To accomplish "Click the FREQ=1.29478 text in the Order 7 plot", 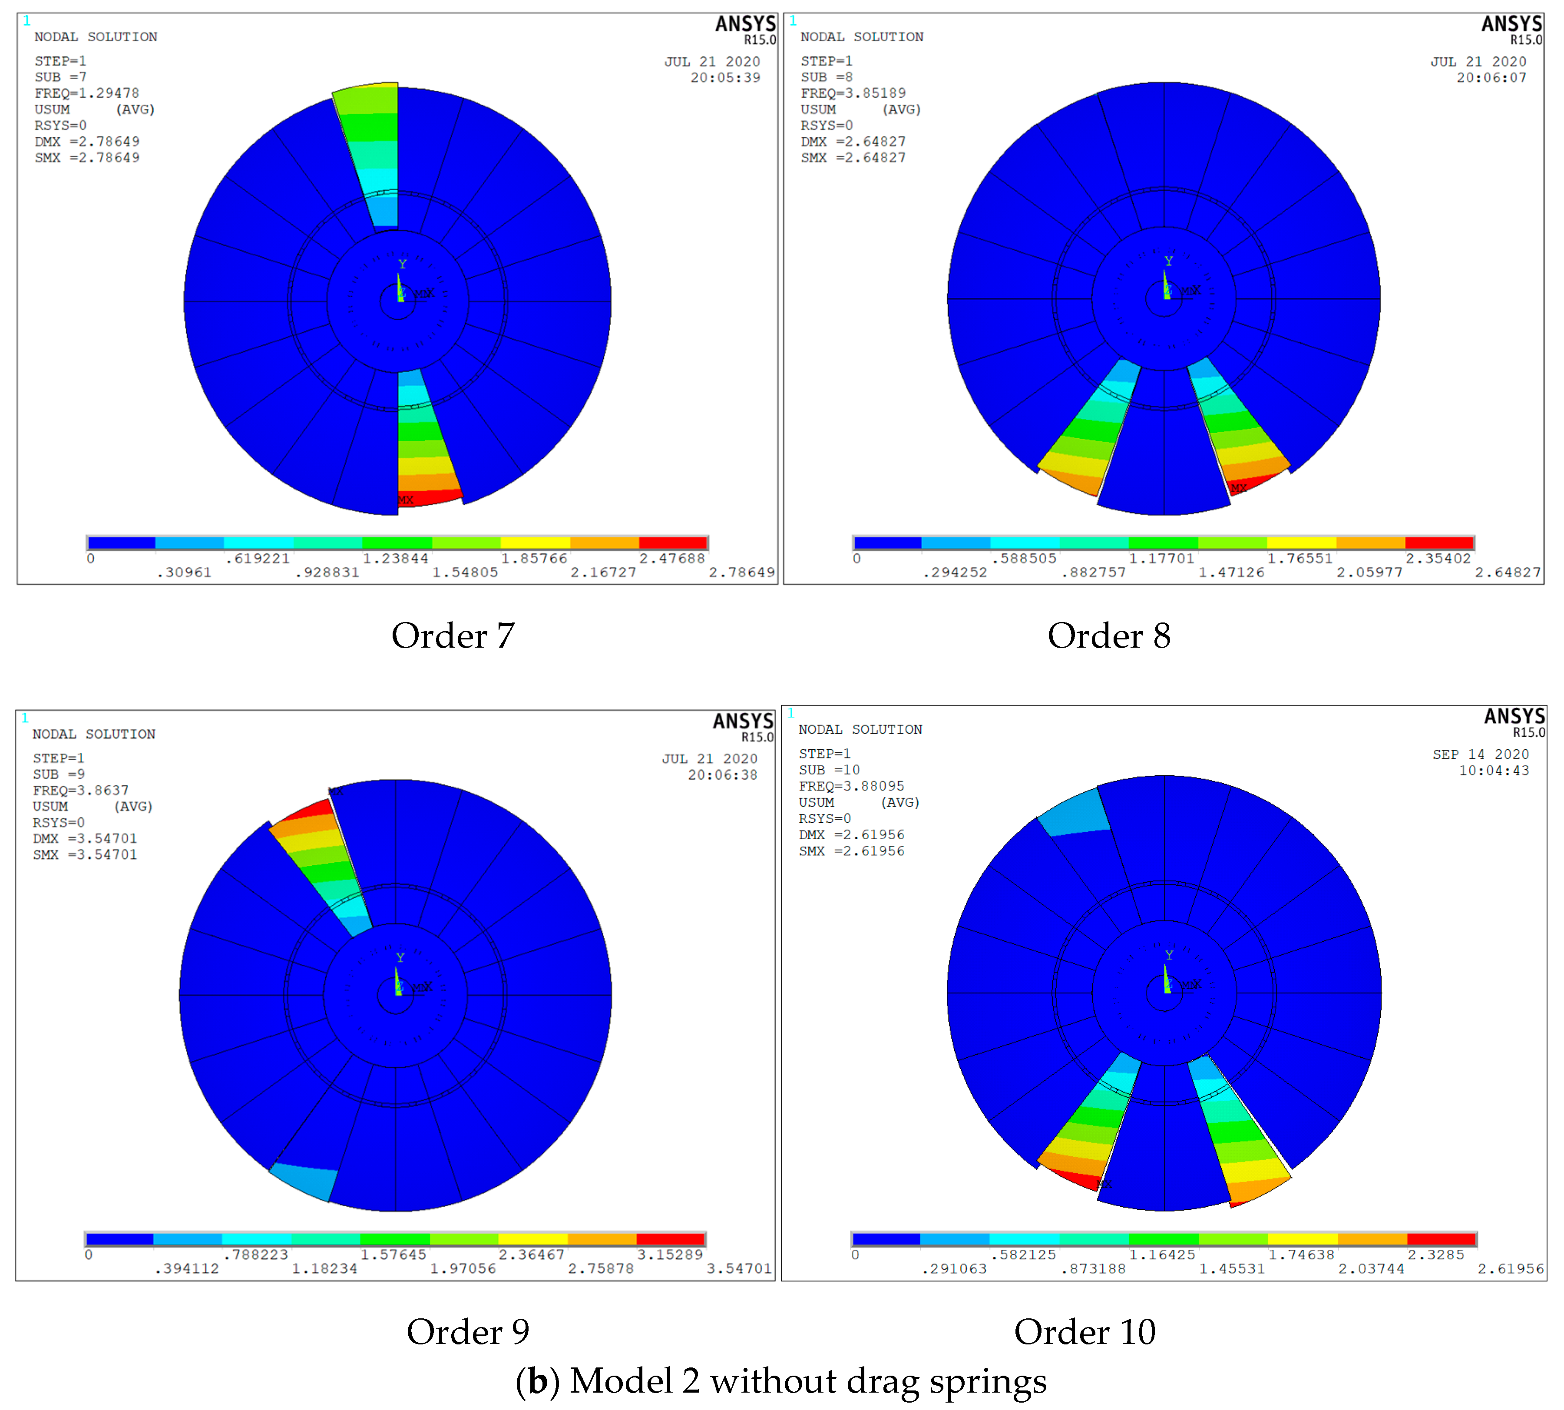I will coord(87,93).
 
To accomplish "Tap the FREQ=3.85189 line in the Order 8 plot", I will coord(853,93).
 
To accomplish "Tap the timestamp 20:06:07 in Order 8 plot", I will coord(1491,77).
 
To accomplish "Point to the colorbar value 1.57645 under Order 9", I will coord(393,1254).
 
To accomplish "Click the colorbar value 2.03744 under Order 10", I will coord(1371,1269).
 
